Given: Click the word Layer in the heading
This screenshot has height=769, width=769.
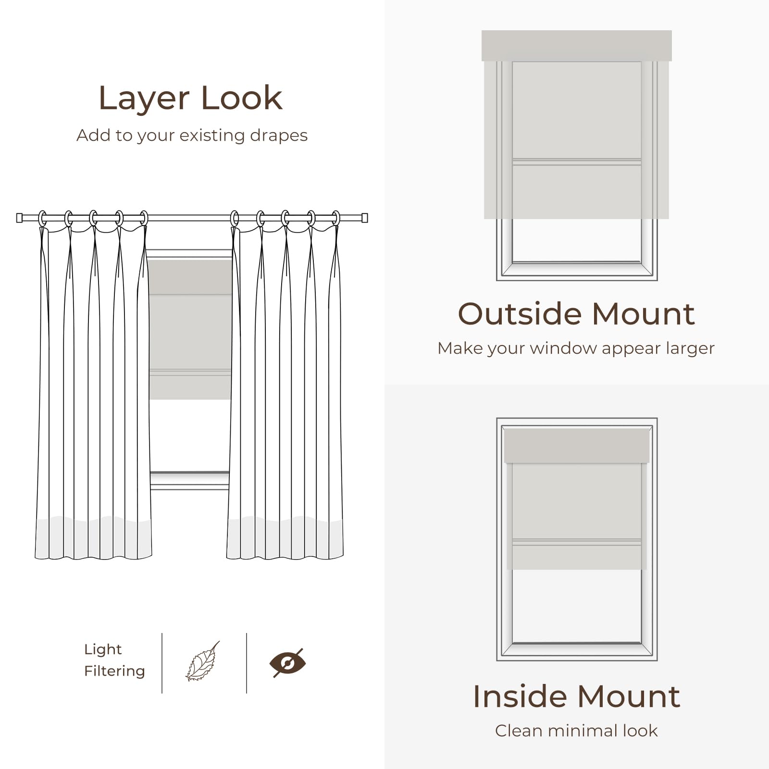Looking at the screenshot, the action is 144,99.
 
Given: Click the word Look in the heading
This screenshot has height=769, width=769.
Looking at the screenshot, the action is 241,98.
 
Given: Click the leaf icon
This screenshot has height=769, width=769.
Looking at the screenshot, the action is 202,662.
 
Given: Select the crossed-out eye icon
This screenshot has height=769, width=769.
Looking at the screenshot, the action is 287,663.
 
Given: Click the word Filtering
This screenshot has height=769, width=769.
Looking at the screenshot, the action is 114,671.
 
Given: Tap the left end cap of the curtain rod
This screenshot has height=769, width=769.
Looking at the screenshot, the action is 20,218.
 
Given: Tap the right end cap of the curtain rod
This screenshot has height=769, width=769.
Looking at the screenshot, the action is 364,218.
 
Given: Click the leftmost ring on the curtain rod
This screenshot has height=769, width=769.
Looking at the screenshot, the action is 42,218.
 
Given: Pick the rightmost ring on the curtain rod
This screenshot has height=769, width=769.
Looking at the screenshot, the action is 336,218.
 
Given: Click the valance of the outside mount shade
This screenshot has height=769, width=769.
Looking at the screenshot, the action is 577,46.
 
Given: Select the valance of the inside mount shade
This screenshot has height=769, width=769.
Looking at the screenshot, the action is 577,446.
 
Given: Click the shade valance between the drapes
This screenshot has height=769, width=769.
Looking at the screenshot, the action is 190,277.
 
